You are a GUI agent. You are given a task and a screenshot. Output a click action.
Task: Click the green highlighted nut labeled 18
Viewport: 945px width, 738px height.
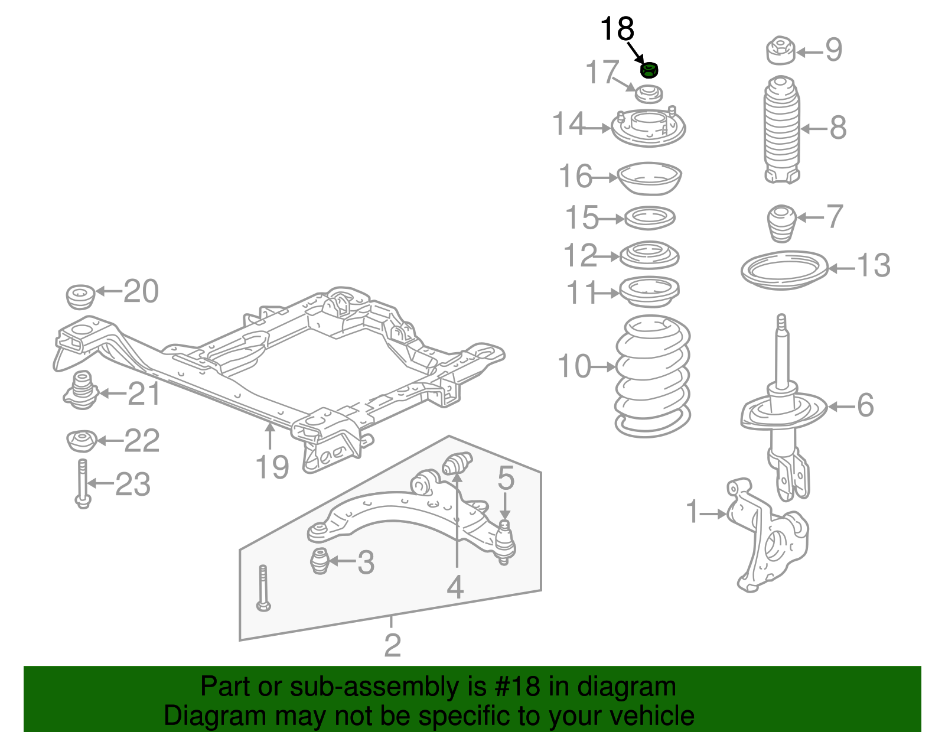point(649,70)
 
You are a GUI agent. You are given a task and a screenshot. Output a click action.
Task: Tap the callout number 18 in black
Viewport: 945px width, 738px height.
point(617,29)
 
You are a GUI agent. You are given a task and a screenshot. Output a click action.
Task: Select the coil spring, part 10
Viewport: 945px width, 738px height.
point(652,376)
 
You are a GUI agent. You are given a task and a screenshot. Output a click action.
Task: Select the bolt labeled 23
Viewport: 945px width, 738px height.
point(83,484)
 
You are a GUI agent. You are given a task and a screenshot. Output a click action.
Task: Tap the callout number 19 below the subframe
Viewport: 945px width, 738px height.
point(272,467)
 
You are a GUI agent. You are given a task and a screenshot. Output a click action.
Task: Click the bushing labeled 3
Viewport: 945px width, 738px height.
point(320,561)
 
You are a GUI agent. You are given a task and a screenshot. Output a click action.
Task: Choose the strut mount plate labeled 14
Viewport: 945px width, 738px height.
point(648,128)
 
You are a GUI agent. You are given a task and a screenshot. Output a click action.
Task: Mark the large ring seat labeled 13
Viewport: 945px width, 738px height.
point(784,271)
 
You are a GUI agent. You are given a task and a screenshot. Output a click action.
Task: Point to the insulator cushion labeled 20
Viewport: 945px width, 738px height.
point(80,295)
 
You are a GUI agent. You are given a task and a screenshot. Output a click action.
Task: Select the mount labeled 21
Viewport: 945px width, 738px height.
point(80,391)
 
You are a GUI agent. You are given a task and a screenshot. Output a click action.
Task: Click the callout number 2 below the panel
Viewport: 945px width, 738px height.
point(392,645)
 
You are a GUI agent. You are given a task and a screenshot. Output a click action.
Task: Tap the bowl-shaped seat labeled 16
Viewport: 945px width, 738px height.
point(649,178)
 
